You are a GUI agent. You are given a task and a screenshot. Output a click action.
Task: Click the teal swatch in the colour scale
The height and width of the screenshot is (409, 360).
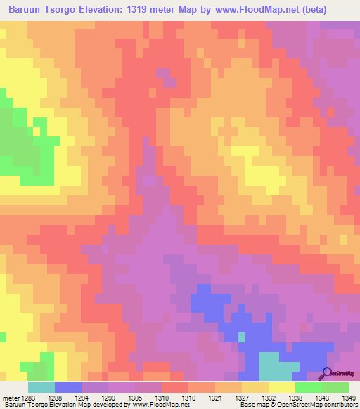point(41,387)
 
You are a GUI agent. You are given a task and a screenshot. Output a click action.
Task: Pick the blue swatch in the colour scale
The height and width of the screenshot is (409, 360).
point(68,387)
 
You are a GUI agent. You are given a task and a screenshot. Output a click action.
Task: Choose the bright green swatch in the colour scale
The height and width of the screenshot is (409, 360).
point(309,387)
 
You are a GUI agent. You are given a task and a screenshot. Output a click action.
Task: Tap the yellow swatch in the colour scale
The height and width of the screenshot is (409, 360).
point(282,387)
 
